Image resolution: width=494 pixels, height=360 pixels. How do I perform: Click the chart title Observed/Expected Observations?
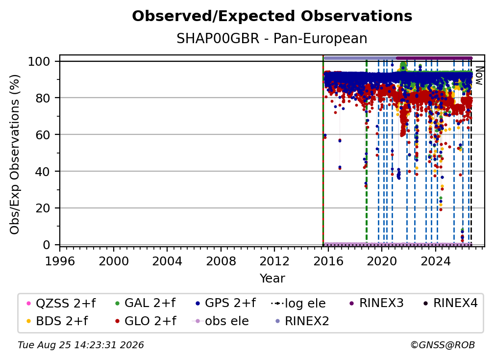[x=272, y=16]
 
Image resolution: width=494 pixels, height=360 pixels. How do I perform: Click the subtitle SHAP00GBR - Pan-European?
[x=272, y=38]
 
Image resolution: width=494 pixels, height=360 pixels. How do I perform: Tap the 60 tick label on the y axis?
[x=43, y=134]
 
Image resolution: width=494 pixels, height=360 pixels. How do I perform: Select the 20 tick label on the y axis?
[x=43, y=208]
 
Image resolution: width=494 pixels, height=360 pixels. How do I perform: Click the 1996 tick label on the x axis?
[x=60, y=261]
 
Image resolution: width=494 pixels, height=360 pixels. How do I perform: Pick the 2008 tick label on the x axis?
[x=221, y=261]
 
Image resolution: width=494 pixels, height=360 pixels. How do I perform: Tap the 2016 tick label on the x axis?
[x=328, y=261]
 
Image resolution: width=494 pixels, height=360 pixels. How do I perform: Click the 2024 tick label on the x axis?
[x=436, y=261]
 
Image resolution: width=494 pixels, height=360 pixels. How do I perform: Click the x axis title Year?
[x=272, y=279]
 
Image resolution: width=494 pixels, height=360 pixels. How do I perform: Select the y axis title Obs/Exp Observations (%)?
[x=15, y=154]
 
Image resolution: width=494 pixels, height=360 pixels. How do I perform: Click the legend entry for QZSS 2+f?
[x=61, y=303]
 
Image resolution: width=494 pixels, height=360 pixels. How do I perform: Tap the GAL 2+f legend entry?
[x=145, y=303]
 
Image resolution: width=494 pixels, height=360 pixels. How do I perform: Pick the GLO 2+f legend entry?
[x=146, y=321]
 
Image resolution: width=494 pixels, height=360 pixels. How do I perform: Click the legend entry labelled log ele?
[x=298, y=303]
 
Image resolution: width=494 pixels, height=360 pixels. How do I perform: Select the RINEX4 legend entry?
[x=450, y=303]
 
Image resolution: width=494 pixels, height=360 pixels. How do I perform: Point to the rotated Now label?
[x=479, y=76]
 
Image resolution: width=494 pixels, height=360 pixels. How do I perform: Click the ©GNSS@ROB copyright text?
[x=443, y=345]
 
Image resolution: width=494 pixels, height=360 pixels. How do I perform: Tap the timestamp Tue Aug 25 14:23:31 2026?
[x=81, y=345]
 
